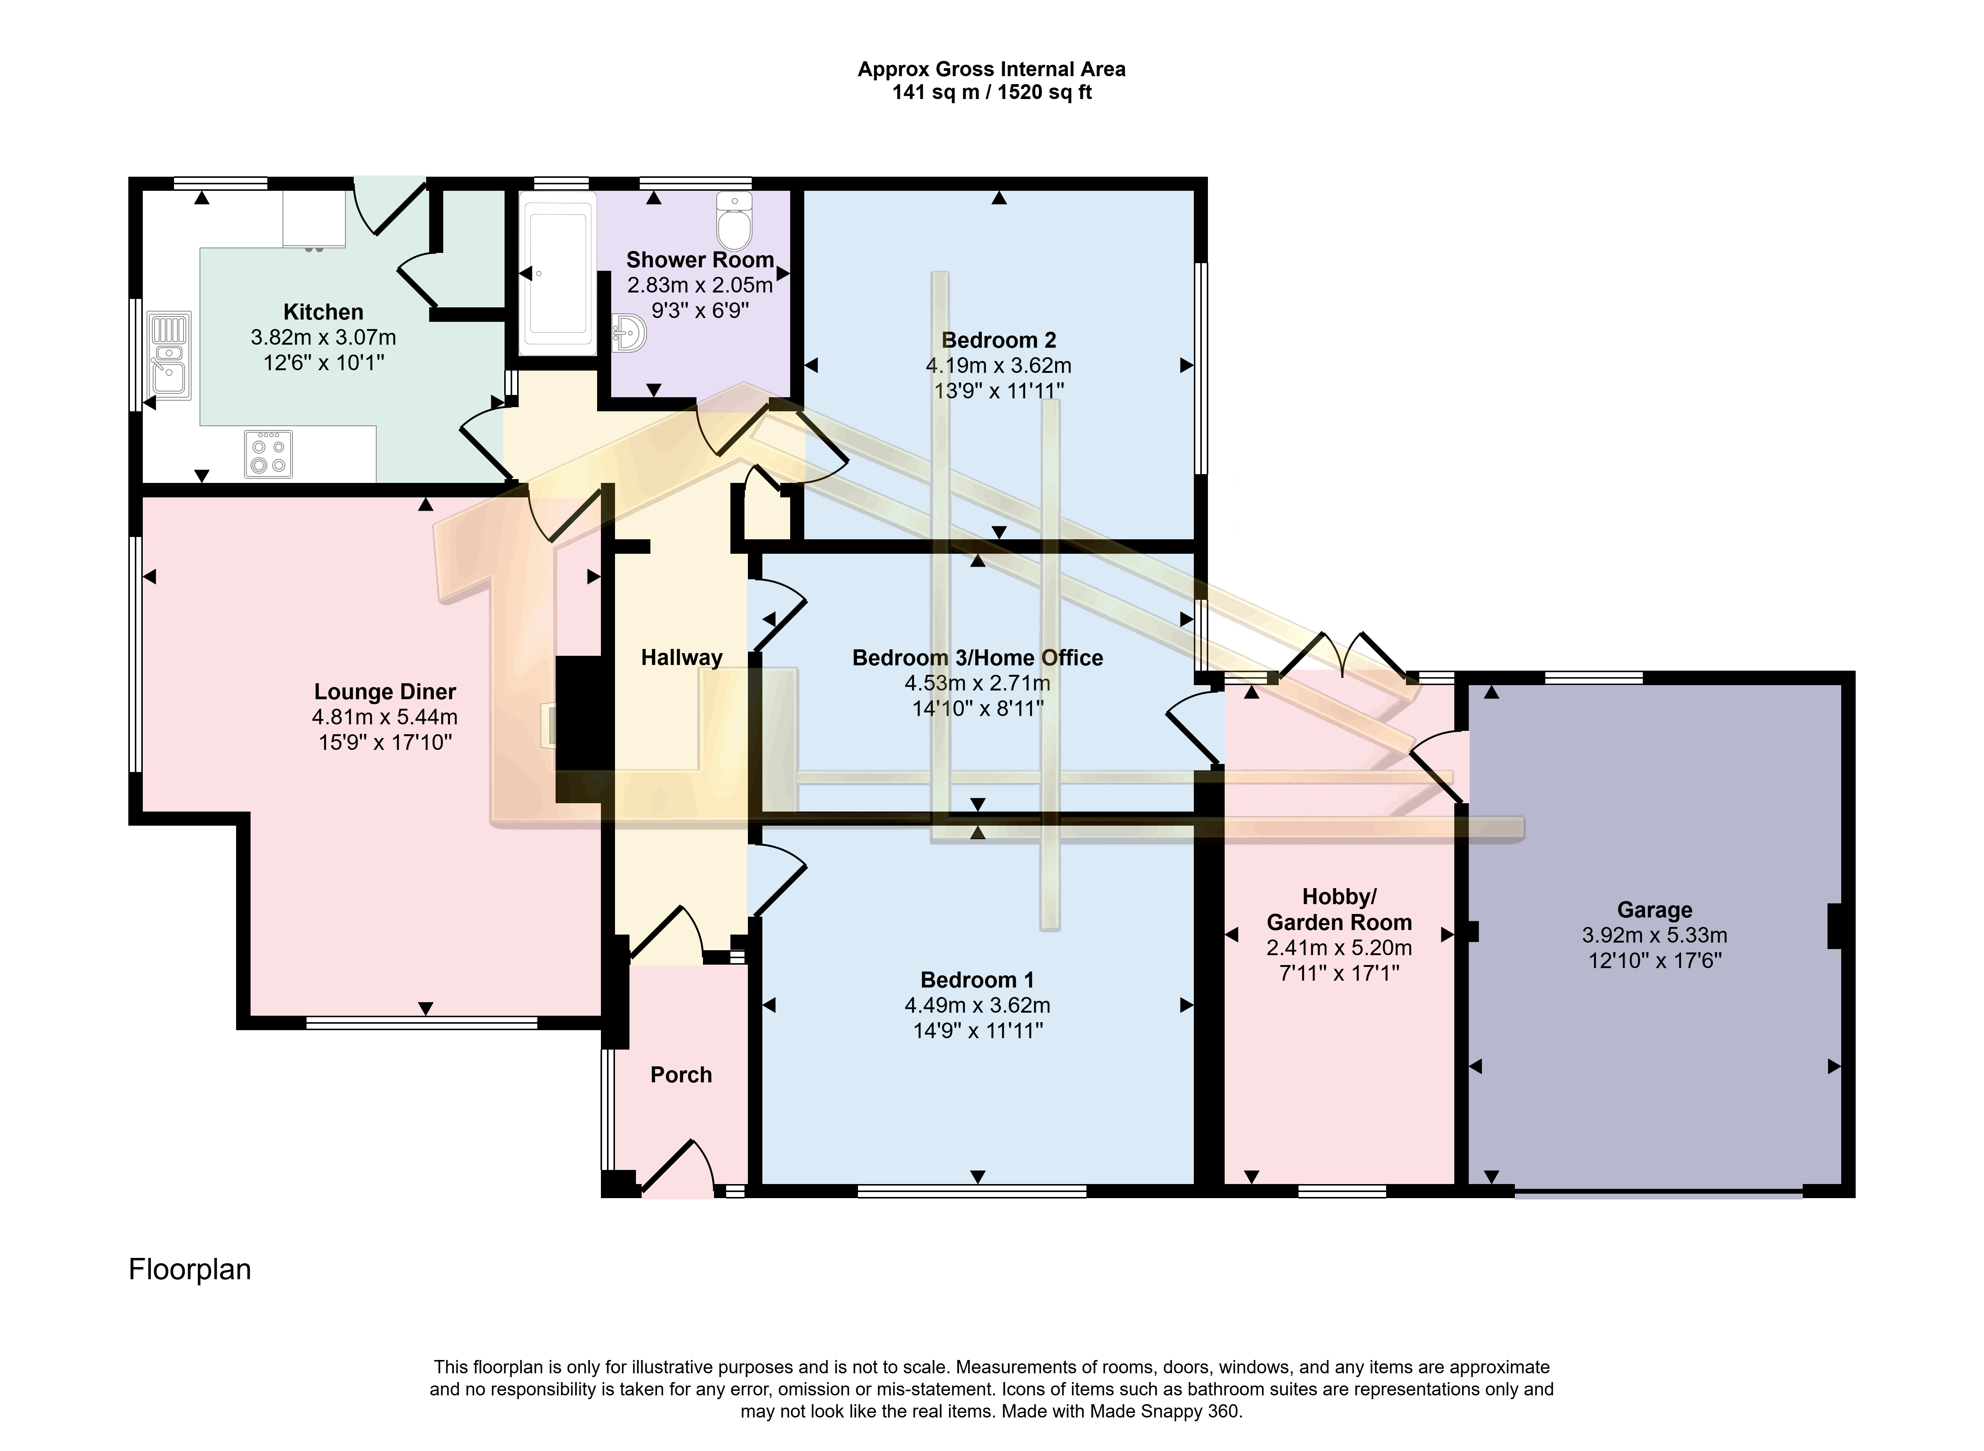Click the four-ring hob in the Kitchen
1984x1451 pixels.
pyautogui.click(x=269, y=454)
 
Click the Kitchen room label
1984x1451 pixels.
pyautogui.click(x=323, y=312)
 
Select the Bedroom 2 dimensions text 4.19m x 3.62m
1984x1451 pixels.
pyautogui.click(x=998, y=365)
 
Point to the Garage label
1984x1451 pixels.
pyautogui.click(x=1655, y=910)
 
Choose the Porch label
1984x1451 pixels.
pyautogui.click(x=681, y=1075)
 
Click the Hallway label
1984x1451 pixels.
pyautogui.click(x=682, y=658)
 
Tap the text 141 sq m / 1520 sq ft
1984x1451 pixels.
pyautogui.click(x=992, y=92)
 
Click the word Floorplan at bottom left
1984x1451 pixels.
pyautogui.click(x=190, y=1269)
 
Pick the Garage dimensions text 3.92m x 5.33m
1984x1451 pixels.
pyautogui.click(x=1655, y=935)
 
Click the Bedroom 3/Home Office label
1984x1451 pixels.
pyautogui.click(x=978, y=658)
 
